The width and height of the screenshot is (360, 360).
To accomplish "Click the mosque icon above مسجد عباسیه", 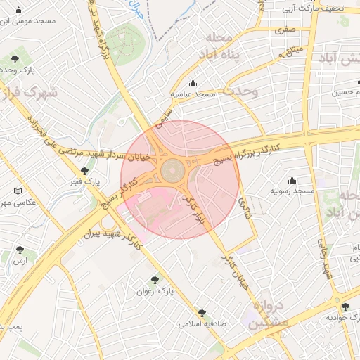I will [193, 84].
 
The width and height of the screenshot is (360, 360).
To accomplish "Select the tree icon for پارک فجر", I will [85, 171].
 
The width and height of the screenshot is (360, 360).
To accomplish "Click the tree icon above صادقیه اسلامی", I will [202, 313].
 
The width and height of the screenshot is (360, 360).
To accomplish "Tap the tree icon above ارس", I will [19, 250].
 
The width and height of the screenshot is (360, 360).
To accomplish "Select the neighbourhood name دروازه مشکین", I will [265, 314].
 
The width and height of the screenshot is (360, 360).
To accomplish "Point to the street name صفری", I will [285, 30].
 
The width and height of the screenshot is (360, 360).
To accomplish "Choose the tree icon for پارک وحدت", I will [15, 59].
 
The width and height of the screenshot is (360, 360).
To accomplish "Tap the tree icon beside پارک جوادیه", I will [345, 306].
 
